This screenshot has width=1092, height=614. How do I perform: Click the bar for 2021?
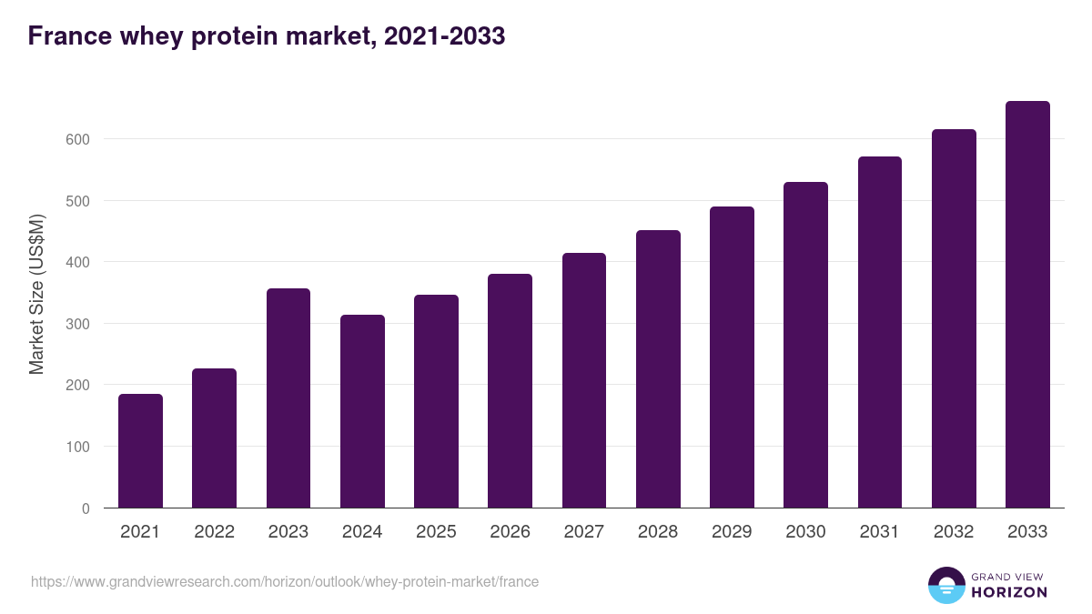(140, 451)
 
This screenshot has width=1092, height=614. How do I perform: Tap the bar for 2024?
(362, 411)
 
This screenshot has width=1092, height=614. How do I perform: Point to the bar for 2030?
(806, 345)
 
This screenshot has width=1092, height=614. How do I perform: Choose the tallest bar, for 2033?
(1027, 305)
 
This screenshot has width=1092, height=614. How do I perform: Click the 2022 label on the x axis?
(214, 532)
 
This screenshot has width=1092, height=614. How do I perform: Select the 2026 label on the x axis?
(510, 532)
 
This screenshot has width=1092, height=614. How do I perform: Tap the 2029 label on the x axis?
(732, 532)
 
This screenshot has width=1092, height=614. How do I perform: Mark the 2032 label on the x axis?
(954, 532)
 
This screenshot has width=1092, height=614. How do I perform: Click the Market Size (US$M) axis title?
(36, 295)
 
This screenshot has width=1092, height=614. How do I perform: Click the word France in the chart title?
(67, 36)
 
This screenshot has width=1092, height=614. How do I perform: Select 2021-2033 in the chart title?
(444, 36)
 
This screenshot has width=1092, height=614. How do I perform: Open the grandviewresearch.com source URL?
(285, 581)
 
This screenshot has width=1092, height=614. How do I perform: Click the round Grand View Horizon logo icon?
(945, 586)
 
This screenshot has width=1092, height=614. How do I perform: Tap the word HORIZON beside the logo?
(1009, 592)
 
